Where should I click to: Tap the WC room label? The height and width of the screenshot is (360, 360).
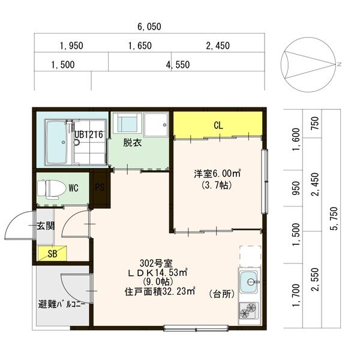74,188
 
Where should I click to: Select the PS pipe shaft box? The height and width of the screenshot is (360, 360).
99,187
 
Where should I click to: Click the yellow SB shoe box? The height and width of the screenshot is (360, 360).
52,254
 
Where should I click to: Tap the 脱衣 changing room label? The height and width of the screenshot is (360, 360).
133,143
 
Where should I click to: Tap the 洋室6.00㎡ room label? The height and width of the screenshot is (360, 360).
217,174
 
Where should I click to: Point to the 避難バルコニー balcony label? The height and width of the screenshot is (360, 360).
62,304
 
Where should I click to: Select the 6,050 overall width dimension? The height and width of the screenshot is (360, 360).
149,27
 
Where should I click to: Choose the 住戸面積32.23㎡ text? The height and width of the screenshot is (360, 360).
160,292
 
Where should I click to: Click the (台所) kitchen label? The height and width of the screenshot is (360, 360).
220,293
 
